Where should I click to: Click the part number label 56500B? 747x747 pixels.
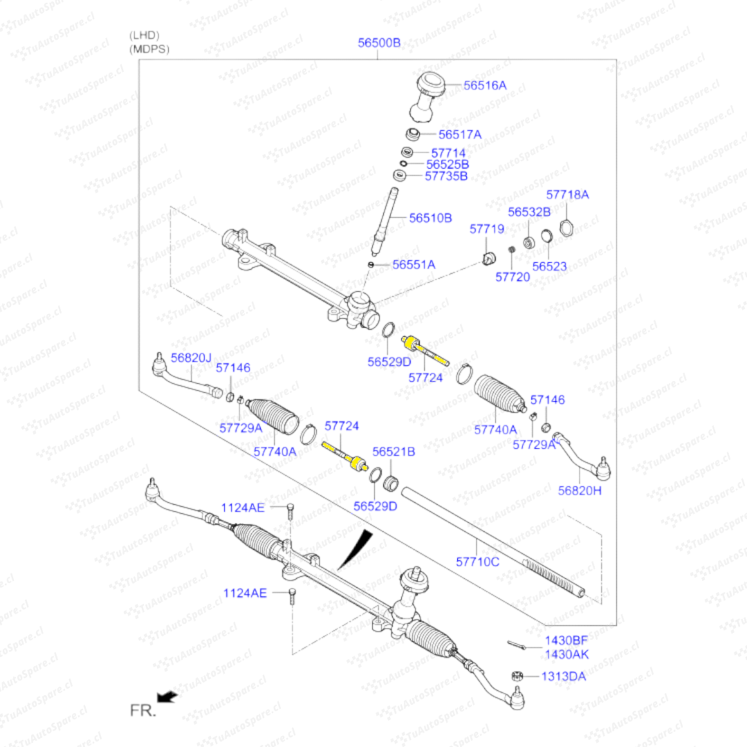coord(379,43)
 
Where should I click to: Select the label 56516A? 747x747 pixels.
coord(485,86)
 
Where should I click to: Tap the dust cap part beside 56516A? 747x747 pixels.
coord(429,97)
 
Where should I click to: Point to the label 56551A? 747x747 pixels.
coord(414,264)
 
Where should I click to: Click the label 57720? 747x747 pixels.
coord(513,277)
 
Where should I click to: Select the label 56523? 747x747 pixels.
coord(550,266)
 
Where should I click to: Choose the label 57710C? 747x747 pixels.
coord(477,562)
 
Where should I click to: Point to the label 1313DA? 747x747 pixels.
coord(563,676)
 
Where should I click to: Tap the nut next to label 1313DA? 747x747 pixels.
coord(515,675)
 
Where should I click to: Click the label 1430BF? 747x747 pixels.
coord(566,641)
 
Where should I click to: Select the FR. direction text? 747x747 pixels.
coord(143,710)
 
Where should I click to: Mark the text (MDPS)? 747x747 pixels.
coord(149,49)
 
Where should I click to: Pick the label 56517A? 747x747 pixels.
coord(460,134)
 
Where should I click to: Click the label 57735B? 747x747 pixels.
coord(446,176)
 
